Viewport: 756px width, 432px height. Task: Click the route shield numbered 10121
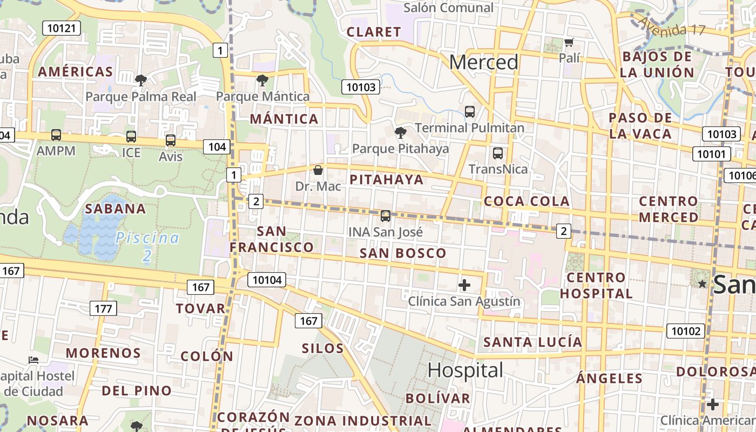[x=61, y=28]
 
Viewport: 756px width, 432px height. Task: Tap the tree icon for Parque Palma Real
[x=141, y=81]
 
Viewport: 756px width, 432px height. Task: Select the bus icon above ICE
[x=131, y=137]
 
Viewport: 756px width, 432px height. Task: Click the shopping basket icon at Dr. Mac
[x=318, y=170]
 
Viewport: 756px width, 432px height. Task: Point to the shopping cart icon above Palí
[x=569, y=42]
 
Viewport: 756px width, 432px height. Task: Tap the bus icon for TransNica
[x=498, y=153]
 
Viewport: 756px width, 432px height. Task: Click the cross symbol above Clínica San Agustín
[x=464, y=285]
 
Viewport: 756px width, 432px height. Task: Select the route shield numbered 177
[x=103, y=308]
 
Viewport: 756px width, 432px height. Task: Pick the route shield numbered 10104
[x=267, y=280]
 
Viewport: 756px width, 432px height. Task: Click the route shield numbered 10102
[x=686, y=330]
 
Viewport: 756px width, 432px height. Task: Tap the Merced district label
[x=483, y=63]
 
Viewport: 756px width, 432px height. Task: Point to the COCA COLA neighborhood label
[x=526, y=201]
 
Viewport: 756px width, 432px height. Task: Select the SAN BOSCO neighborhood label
[x=403, y=253]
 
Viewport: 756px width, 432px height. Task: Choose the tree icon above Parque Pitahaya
[x=400, y=133]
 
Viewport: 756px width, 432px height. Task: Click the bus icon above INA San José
[x=385, y=216]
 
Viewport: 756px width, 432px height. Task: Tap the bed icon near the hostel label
[x=33, y=360]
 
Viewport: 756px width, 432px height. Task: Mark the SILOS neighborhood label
[x=322, y=348]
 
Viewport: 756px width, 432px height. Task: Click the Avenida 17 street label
[x=672, y=25]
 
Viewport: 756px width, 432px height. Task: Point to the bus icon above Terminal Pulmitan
[x=470, y=112]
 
